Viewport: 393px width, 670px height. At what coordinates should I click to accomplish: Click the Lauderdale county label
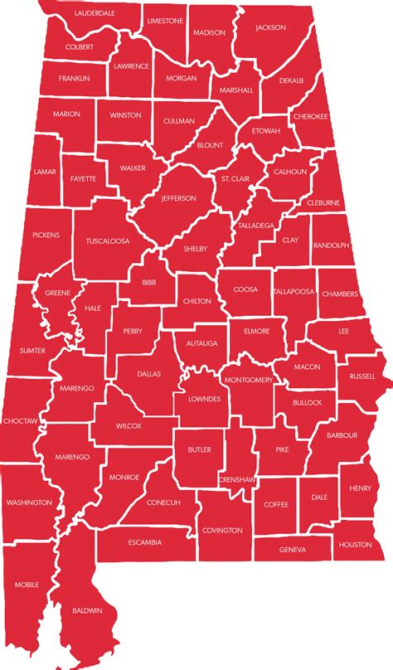point(95,14)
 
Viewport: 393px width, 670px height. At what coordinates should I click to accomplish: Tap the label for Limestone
point(165,20)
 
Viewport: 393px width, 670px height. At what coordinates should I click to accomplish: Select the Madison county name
point(208,32)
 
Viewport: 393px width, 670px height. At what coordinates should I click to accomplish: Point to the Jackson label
point(270,27)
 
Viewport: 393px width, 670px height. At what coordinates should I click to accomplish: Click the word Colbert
point(79,47)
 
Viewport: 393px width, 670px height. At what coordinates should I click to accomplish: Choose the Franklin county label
point(74,78)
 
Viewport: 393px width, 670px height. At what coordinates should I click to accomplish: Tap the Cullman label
point(178,121)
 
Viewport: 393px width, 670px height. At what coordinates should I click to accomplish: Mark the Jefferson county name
point(179,198)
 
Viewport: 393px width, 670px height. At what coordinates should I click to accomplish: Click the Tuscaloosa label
point(107,241)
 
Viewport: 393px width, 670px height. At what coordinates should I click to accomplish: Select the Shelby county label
point(196,248)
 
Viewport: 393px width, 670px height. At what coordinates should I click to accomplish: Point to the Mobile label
point(27,585)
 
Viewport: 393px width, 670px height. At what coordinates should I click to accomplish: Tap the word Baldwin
point(87,610)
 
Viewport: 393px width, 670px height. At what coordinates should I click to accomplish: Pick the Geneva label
point(293,549)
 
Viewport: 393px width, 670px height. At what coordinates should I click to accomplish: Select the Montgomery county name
point(249,380)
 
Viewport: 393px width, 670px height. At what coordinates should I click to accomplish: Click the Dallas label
point(148,374)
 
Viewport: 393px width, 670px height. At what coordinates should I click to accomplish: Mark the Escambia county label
point(145,542)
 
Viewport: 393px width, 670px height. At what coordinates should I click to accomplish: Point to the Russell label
point(362,376)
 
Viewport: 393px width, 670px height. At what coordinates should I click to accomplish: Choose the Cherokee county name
point(311,116)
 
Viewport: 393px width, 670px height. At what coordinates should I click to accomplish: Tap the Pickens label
point(46,235)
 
